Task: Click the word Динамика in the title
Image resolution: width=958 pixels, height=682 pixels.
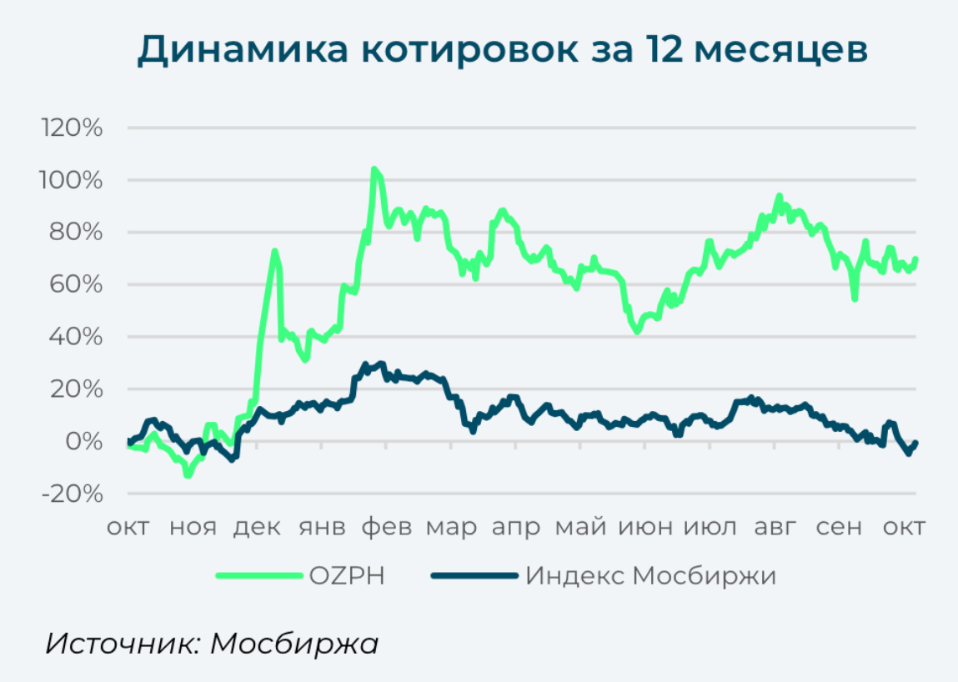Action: [242, 49]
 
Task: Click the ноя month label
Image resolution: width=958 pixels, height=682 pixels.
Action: [193, 527]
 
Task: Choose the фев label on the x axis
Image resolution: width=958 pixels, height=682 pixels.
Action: [387, 527]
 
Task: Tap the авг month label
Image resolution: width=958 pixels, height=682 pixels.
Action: [775, 527]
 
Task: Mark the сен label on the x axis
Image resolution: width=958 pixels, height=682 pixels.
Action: [840, 527]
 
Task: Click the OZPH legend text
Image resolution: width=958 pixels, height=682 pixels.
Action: [346, 575]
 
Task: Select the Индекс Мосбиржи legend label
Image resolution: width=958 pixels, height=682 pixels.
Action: [651, 575]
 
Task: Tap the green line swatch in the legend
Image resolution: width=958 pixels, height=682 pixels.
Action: [258, 575]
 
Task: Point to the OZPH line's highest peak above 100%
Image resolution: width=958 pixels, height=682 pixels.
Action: [374, 169]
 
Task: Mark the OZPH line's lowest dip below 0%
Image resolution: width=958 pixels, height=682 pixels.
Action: [188, 475]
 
